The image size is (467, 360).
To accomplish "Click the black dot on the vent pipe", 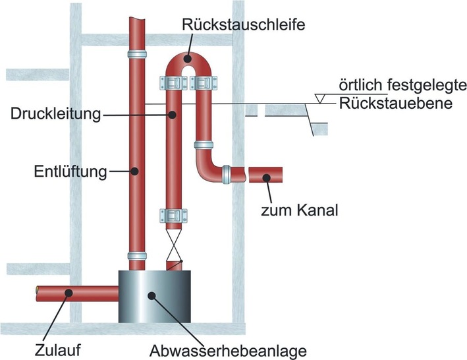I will tap(134, 172).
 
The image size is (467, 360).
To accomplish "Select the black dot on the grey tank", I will tap(153, 296).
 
